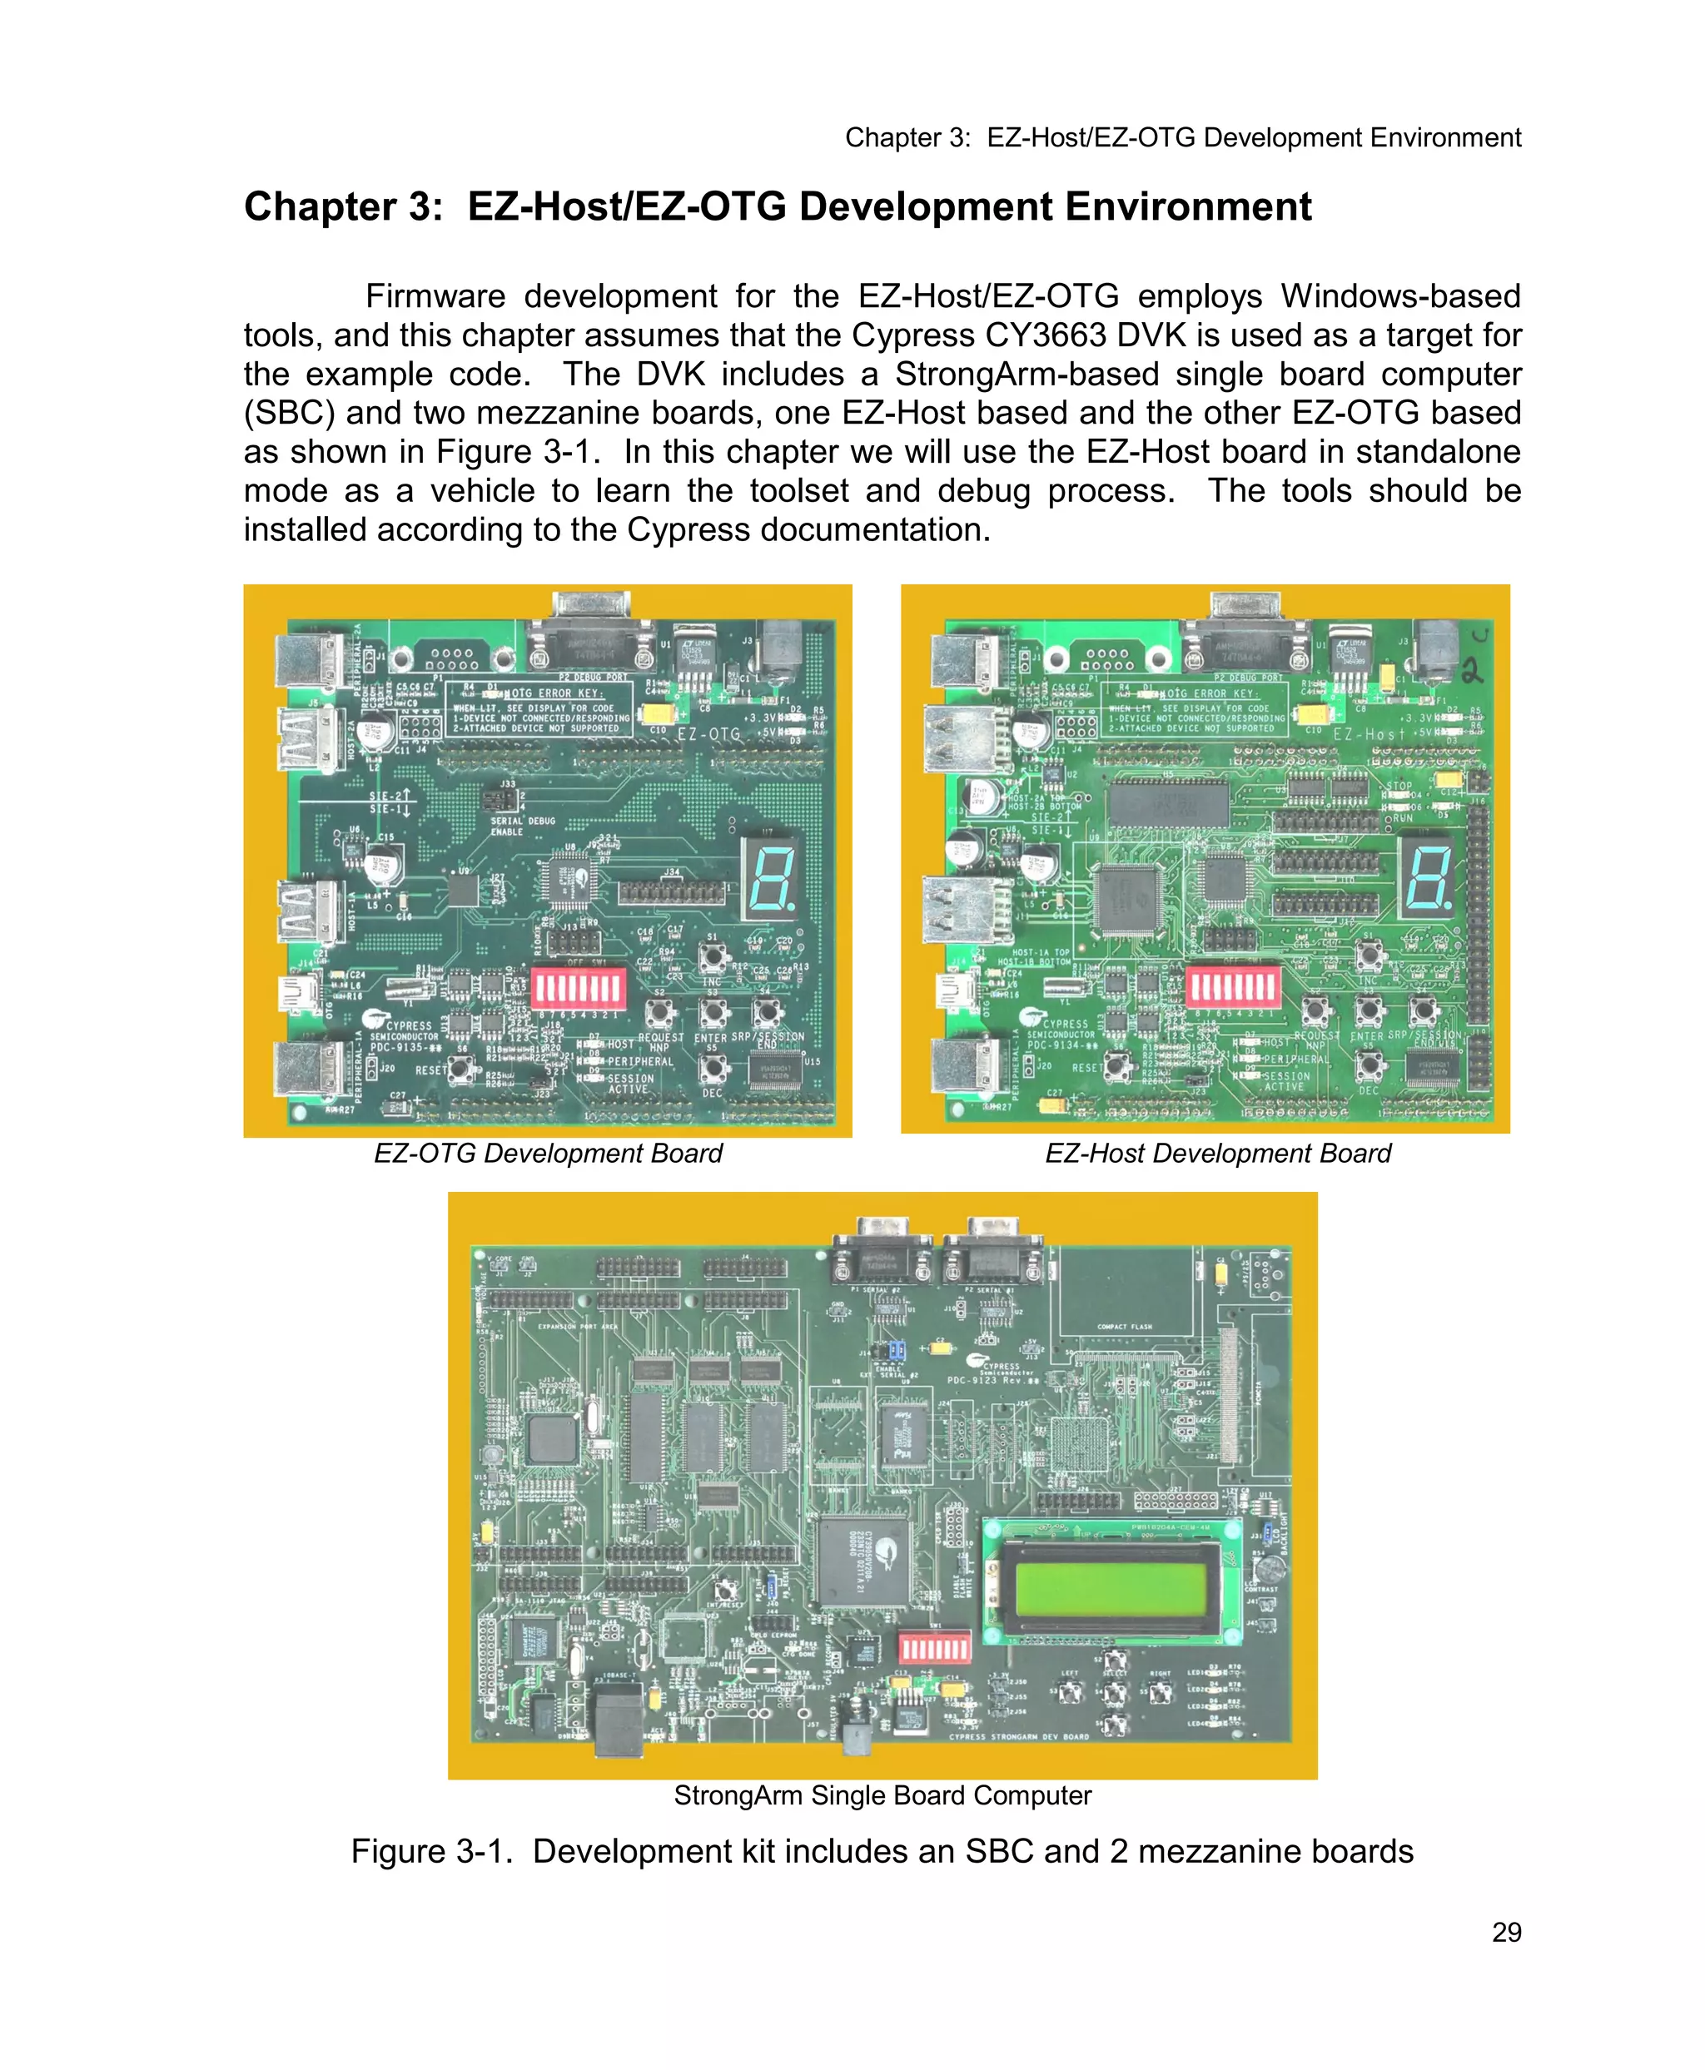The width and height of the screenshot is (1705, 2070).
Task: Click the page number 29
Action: coord(1506,1932)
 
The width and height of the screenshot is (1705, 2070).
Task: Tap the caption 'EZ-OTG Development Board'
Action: coord(548,1153)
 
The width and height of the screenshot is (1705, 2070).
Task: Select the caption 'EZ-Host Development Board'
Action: coord(1218,1153)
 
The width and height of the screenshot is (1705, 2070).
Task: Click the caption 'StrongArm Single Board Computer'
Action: coord(882,1795)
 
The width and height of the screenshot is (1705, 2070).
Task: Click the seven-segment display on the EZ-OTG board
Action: coord(770,876)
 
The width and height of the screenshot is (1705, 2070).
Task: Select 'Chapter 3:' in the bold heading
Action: coord(343,206)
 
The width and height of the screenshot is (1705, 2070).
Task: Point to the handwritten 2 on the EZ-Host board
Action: coord(1474,671)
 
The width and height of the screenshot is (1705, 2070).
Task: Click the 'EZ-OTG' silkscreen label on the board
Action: coord(708,733)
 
